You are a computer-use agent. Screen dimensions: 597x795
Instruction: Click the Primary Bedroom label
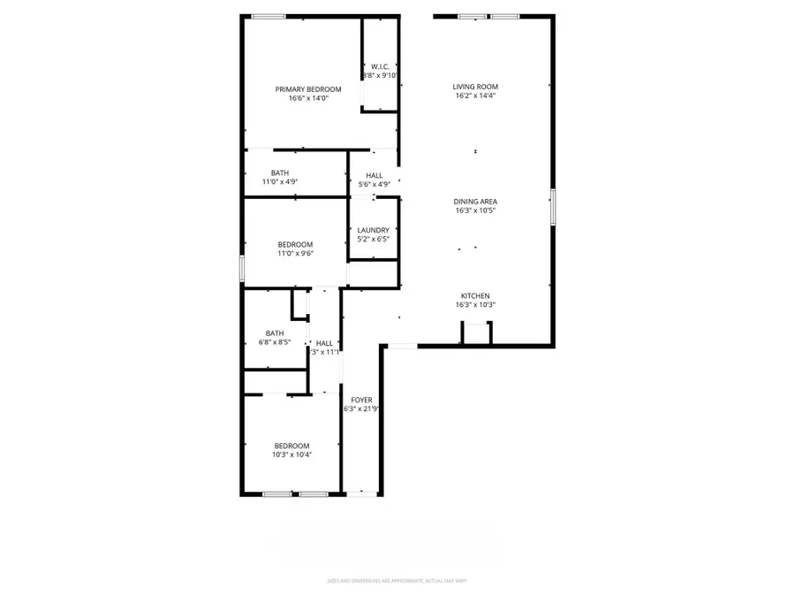coord(307,89)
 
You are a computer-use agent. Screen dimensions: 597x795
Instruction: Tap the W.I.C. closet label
coord(381,66)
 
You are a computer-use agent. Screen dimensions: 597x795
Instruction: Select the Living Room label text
coord(475,87)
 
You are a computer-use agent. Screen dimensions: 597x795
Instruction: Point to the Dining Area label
coord(475,202)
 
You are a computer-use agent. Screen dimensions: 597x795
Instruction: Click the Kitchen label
coord(475,296)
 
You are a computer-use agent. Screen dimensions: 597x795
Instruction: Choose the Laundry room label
coord(373,230)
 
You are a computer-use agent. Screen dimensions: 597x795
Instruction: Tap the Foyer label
coord(361,400)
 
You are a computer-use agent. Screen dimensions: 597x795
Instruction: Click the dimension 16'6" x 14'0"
coord(307,99)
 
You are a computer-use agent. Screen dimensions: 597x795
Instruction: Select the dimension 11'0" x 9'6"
coord(296,254)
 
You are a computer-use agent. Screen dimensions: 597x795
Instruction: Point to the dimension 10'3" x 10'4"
coord(291,455)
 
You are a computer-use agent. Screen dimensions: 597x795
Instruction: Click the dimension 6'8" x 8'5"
coord(275,342)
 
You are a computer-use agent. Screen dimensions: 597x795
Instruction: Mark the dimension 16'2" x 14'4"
coord(475,96)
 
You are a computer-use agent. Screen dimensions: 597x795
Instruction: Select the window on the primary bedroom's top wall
coord(268,16)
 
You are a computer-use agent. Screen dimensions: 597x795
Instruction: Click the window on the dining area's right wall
coord(553,206)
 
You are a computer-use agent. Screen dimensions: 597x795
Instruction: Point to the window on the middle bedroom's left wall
coord(242,268)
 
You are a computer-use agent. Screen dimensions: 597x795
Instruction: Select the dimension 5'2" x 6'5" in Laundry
coord(373,239)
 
